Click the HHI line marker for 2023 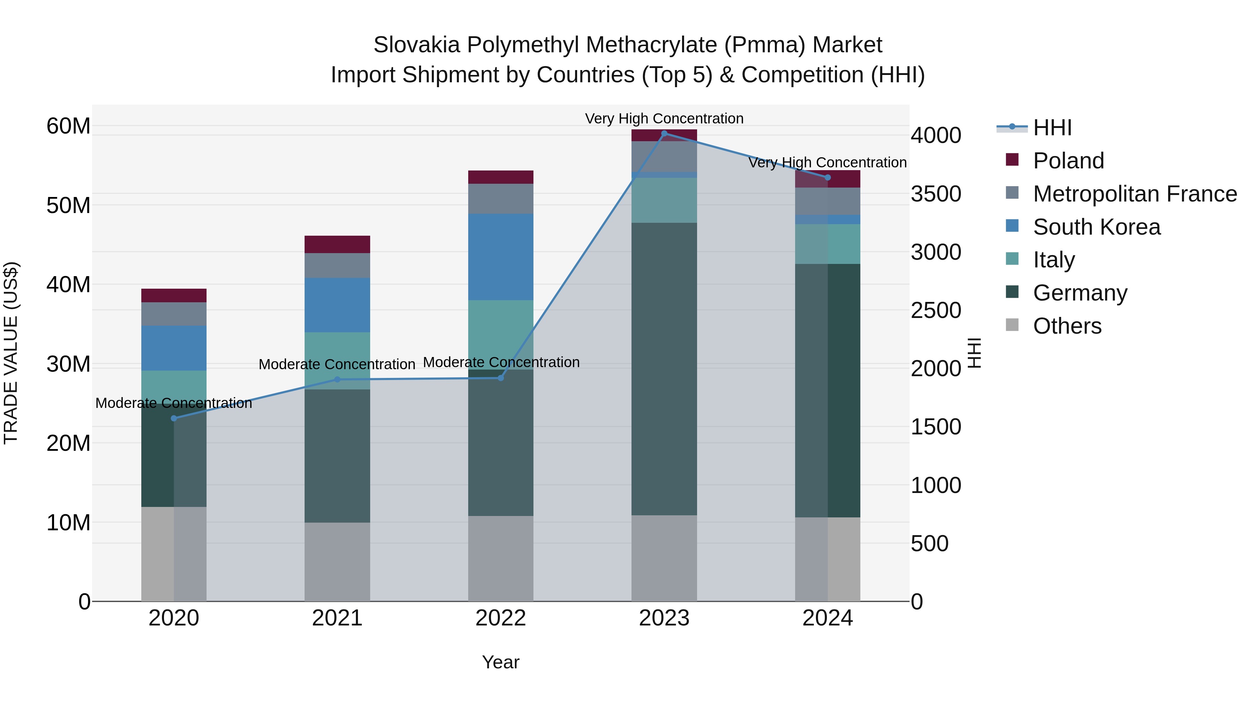point(664,134)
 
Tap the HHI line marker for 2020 point(174,418)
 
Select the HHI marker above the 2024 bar point(828,177)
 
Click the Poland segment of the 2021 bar point(337,244)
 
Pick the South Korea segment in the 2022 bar point(501,257)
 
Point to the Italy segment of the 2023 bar point(664,200)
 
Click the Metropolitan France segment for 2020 point(174,314)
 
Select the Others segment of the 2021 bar point(337,562)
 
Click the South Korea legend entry point(1097,227)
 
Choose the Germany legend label point(1080,293)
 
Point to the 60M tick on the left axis point(68,126)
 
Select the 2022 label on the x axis point(501,618)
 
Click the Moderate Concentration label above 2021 point(337,364)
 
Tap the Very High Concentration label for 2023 point(664,119)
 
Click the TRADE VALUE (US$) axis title point(11,353)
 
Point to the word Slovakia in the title point(416,45)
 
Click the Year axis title point(501,662)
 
